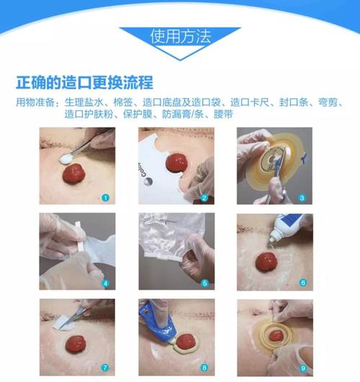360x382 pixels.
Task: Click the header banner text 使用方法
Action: coord(180,36)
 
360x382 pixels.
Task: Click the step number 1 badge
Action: coord(106,196)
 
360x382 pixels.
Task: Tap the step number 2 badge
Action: coord(205,196)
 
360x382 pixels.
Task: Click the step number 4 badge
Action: coord(106,283)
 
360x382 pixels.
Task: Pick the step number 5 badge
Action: coord(205,283)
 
